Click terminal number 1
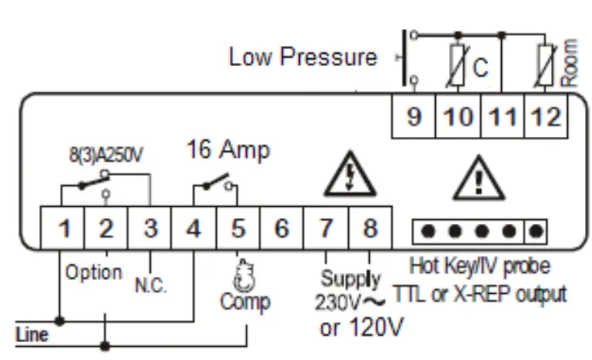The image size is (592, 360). (66, 229)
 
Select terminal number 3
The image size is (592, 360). (151, 229)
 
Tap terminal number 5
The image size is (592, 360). (239, 229)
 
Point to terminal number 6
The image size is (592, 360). (282, 229)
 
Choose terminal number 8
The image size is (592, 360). (370, 229)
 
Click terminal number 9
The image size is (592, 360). (414, 117)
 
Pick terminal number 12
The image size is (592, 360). (548, 117)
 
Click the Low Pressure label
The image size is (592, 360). (303, 57)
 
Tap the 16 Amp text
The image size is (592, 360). (228, 150)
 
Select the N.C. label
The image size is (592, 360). (151, 286)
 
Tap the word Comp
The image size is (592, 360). (245, 301)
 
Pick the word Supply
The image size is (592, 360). (351, 278)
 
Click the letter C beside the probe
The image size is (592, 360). (481, 68)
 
